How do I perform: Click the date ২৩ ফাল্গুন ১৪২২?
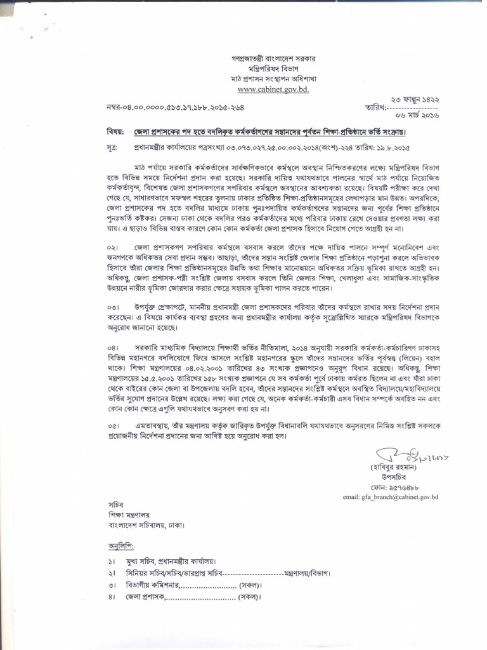tap(416, 100)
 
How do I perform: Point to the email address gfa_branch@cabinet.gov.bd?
tap(391, 497)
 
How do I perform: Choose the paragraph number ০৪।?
tap(113, 348)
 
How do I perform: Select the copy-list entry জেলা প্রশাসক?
tap(146, 597)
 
